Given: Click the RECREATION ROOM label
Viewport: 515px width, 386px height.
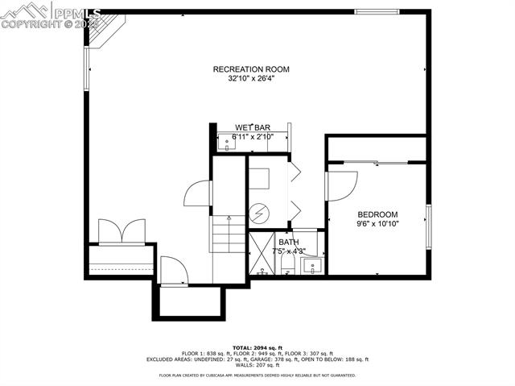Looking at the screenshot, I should [x=251, y=69].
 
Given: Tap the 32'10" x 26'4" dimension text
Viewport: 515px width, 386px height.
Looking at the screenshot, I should [x=251, y=79].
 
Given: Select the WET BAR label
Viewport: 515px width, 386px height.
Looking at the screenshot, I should [x=252, y=127].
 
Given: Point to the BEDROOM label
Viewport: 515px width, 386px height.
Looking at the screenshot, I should [x=377, y=214].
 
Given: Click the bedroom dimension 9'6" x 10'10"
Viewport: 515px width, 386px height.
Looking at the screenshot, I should [x=377, y=223].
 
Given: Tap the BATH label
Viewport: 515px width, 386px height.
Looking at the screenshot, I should [x=288, y=242].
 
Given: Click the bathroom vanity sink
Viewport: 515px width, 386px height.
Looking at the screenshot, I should [x=314, y=264].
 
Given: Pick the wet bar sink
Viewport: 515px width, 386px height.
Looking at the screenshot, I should [x=226, y=143].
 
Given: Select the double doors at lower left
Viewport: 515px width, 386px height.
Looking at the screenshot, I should [x=122, y=231].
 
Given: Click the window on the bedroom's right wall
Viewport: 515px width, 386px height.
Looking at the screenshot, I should [x=428, y=227].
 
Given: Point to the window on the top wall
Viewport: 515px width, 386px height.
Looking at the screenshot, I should [x=377, y=12].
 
